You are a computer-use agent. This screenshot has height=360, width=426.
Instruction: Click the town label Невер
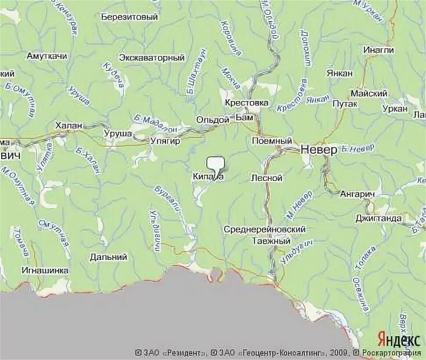[319, 150]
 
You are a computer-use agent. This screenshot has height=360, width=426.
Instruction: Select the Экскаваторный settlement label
[152, 58]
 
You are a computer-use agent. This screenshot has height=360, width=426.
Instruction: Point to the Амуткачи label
[47, 56]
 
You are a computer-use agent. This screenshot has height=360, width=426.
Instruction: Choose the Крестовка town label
[246, 103]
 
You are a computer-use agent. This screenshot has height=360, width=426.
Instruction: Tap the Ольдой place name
[213, 119]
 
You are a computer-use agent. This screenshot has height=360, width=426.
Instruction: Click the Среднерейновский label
[264, 229]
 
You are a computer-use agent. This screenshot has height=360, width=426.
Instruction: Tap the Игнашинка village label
[46, 270]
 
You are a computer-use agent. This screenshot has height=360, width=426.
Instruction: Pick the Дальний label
[108, 257]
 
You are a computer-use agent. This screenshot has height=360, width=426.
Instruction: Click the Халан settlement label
[69, 126]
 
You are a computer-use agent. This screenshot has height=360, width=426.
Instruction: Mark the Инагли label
[378, 50]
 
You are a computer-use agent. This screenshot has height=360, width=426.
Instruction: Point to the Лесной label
[267, 178]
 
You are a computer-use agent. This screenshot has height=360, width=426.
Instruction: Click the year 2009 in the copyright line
[340, 353]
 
